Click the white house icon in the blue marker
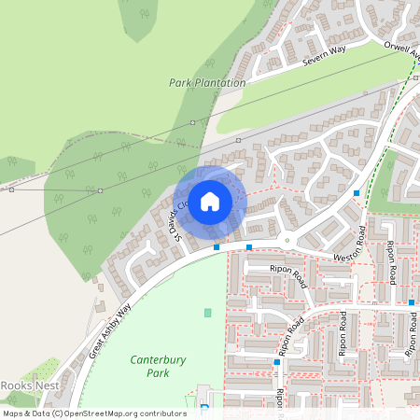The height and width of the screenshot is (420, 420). (x=210, y=201)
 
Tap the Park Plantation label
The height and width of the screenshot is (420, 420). (x=207, y=83)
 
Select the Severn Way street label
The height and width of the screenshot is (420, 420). (x=324, y=61)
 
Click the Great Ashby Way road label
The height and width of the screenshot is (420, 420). (x=111, y=332)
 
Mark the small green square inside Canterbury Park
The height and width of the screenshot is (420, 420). (x=207, y=312)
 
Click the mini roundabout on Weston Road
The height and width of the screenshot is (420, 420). (x=287, y=241)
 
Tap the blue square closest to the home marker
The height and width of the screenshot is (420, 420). (x=217, y=247)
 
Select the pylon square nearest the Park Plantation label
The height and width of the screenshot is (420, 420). (x=193, y=122)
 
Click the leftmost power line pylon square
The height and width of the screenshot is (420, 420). (x=11, y=189)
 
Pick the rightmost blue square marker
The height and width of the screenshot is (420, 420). (x=412, y=302)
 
